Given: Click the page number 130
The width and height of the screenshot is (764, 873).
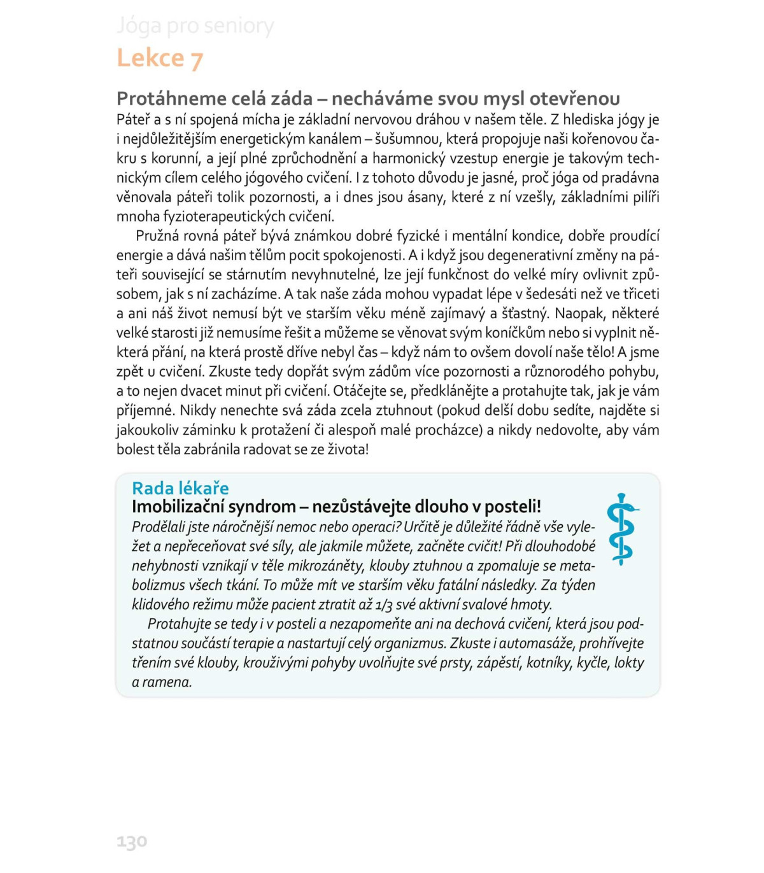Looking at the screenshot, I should (132, 841).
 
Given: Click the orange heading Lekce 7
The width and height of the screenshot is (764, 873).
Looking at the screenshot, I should (160, 58).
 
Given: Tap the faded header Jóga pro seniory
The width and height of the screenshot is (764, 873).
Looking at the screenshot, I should (195, 26).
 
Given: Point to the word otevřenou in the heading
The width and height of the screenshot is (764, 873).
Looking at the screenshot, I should (575, 99).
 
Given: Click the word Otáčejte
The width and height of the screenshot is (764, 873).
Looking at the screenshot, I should (358, 391).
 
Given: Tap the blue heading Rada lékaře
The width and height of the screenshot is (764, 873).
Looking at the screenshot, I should (180, 488).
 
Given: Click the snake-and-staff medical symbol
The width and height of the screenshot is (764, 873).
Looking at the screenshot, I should (621, 529).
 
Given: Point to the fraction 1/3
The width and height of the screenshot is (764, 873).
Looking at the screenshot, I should (383, 604).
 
